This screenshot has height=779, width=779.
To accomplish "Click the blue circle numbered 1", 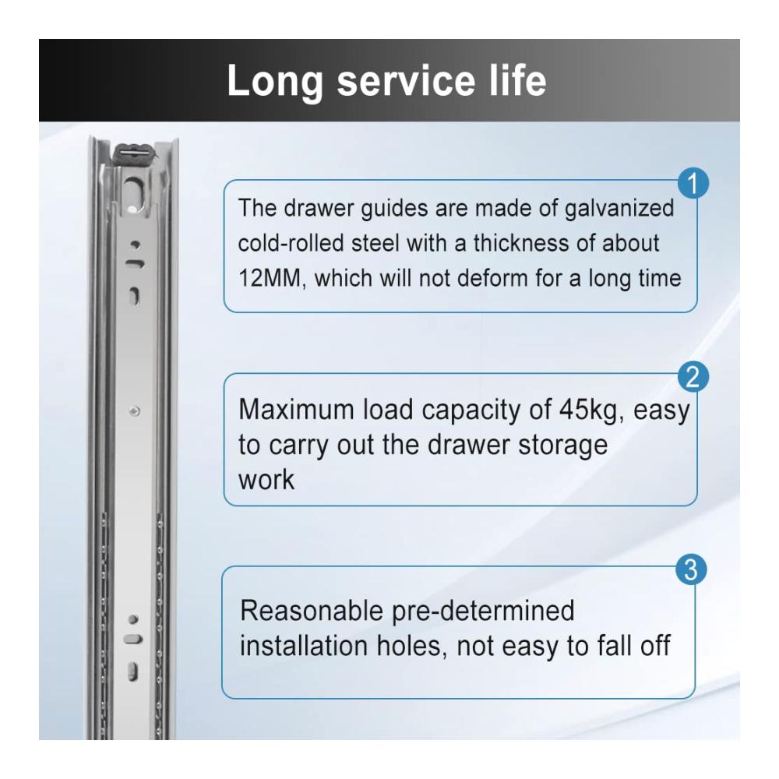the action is click(693, 183).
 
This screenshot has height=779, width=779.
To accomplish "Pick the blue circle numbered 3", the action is click(691, 569).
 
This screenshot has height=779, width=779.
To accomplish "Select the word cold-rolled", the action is click(291, 243).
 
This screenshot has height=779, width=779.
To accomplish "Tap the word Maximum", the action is click(296, 410).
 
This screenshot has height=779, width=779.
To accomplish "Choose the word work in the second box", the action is click(266, 480).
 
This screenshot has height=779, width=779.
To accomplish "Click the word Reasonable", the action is click(311, 611).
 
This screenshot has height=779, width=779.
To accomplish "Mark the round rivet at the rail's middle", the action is click(134, 411).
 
